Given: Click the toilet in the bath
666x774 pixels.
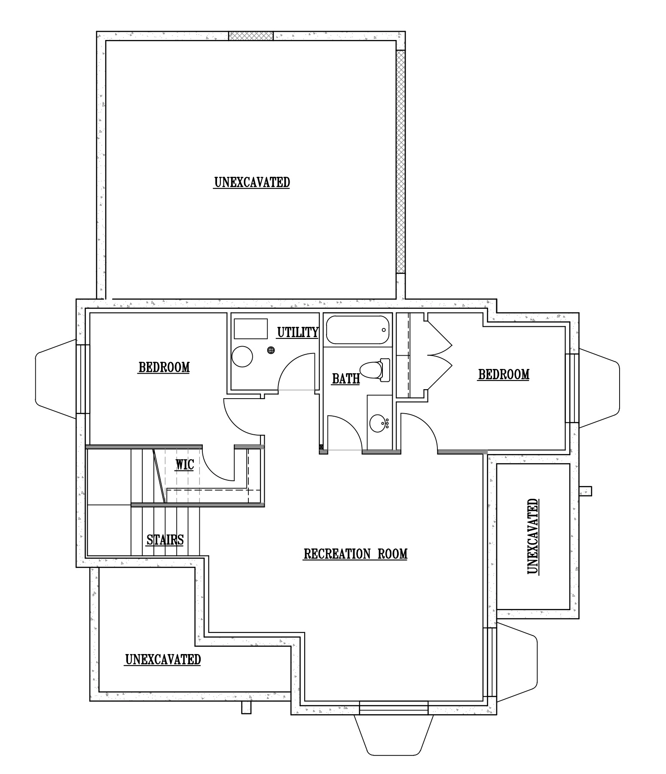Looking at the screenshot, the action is pyautogui.click(x=375, y=369).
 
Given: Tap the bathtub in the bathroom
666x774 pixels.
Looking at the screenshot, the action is pyautogui.click(x=357, y=330).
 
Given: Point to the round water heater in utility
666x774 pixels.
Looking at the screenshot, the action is pyautogui.click(x=242, y=356).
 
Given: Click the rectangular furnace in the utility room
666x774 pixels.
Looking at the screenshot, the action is pyautogui.click(x=251, y=329).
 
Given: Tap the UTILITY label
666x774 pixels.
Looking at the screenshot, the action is pyautogui.click(x=297, y=332).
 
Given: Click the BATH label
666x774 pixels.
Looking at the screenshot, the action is pyautogui.click(x=346, y=379).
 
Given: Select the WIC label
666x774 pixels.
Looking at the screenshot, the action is pyautogui.click(x=184, y=465).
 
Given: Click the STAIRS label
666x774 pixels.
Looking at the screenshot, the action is pyautogui.click(x=165, y=540).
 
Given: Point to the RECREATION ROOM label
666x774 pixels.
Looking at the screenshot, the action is pyautogui.click(x=355, y=554).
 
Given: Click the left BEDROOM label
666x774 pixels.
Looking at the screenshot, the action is pyautogui.click(x=164, y=368).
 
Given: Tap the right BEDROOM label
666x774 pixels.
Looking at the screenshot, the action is pyautogui.click(x=504, y=375).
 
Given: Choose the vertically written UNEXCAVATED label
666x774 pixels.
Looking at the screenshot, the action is pyautogui.click(x=532, y=537).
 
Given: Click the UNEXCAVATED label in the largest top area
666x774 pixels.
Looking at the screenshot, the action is pyautogui.click(x=252, y=182).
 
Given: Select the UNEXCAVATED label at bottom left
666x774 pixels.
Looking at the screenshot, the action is pyautogui.click(x=163, y=659).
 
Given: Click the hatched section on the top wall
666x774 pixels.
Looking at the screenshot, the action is pyautogui.click(x=251, y=36).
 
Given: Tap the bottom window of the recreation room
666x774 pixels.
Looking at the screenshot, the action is pyautogui.click(x=394, y=707).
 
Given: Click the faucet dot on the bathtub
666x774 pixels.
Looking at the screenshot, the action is pyautogui.click(x=384, y=330).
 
